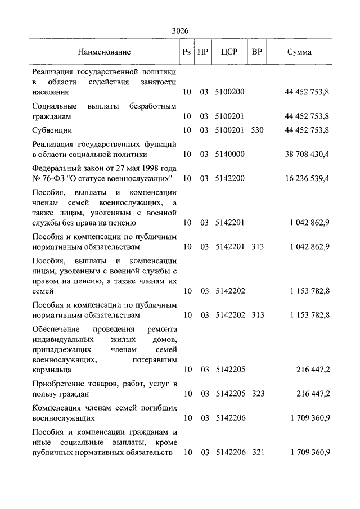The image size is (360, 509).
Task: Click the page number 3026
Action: [179, 31]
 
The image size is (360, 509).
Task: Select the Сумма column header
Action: [299, 52]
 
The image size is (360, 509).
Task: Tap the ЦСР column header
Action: [230, 52]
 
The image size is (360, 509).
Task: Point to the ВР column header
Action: [257, 52]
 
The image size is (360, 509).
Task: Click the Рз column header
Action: [187, 52]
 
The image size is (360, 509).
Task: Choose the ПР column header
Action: [204, 52]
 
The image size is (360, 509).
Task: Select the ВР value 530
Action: [258, 130]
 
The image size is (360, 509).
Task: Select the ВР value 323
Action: [258, 394]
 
